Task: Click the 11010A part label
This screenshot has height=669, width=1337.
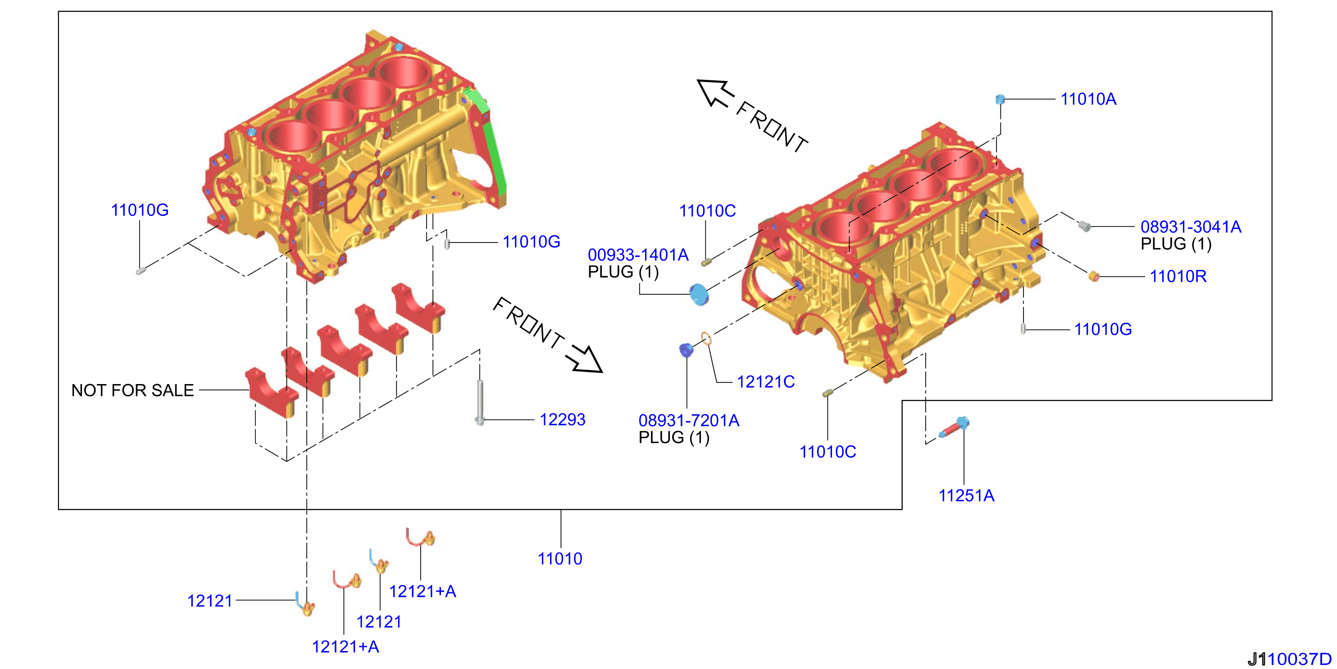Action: (x=1088, y=99)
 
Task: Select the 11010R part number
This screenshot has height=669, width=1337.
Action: (x=1178, y=276)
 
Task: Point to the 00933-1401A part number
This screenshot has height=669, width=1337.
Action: (x=638, y=255)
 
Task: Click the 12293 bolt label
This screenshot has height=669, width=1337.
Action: (x=562, y=419)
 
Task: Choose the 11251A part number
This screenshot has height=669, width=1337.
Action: (x=966, y=495)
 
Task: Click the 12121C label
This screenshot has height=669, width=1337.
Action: (x=765, y=382)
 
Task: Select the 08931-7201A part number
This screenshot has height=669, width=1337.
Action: (x=689, y=420)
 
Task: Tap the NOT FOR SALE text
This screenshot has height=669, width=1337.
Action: (x=132, y=390)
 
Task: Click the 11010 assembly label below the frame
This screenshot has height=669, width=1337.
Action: (x=560, y=559)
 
